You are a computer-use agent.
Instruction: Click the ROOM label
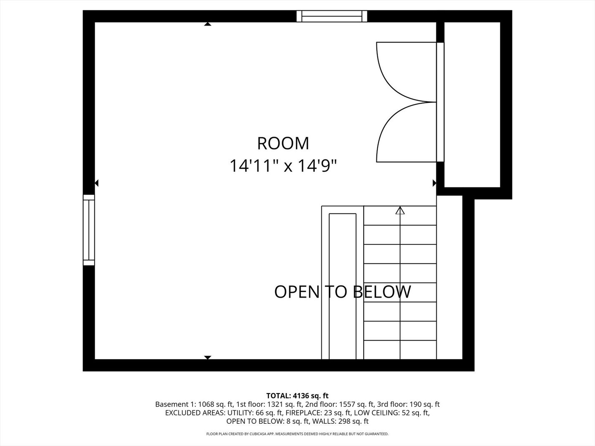(283, 143)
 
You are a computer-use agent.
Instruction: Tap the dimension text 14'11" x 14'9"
(283, 166)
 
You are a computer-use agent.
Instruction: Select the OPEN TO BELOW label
(343, 292)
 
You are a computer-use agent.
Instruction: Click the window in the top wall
(332, 16)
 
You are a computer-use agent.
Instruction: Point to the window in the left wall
(89, 230)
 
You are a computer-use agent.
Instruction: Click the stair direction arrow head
(400, 211)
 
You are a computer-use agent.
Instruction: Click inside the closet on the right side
(472, 104)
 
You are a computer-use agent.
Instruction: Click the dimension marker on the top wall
(208, 24)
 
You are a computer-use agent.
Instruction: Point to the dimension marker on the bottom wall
(208, 357)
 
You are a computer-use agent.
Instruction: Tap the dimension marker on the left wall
(97, 183)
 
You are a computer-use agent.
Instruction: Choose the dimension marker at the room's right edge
(434, 183)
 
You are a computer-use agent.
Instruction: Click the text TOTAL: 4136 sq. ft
(297, 396)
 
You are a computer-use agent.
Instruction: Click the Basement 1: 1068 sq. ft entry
(194, 404)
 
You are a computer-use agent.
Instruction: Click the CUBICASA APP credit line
(297, 434)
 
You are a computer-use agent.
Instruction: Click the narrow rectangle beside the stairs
(343, 286)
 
